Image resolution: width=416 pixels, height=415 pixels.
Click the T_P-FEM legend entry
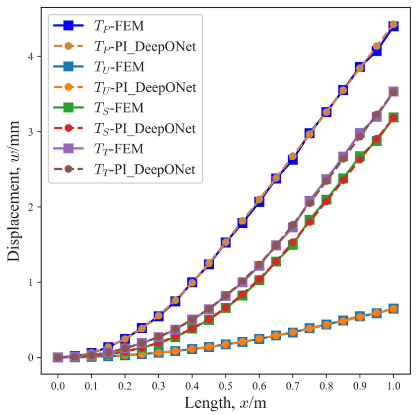(118, 26)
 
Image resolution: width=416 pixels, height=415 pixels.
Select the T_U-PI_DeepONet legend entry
(145, 87)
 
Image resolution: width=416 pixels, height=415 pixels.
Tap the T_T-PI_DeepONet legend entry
(145, 169)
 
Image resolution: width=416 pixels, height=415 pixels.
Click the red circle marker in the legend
(68, 128)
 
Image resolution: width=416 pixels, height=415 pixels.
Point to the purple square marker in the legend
(68, 149)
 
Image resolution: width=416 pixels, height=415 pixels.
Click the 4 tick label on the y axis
(31, 56)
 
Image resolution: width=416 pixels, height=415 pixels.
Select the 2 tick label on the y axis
(31, 207)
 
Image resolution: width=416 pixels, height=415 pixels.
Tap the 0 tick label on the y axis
(31, 358)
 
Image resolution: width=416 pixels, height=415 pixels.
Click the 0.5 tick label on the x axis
(226, 386)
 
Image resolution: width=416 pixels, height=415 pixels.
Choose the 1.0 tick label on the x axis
(393, 386)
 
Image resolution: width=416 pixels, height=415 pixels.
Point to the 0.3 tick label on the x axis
(158, 386)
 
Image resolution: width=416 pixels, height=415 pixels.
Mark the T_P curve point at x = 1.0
(393, 25)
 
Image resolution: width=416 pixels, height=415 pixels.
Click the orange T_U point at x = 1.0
(393, 309)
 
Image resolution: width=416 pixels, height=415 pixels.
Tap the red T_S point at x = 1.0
(393, 118)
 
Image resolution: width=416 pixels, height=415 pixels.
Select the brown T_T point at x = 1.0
(393, 92)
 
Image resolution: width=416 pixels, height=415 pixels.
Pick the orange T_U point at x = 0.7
(293, 333)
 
